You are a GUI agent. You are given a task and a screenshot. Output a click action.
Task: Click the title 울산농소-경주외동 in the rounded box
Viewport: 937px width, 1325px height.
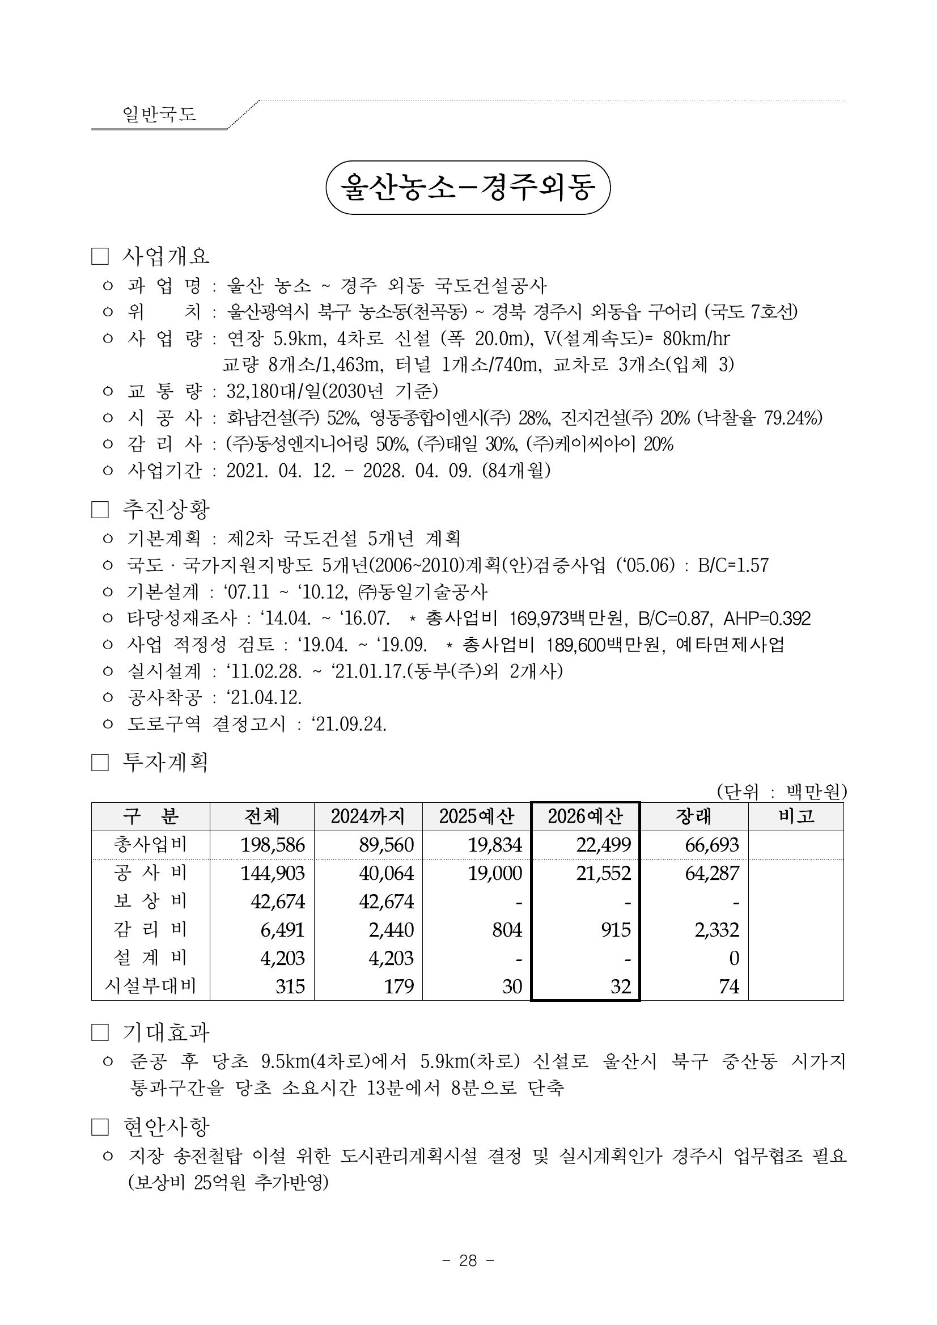(468, 188)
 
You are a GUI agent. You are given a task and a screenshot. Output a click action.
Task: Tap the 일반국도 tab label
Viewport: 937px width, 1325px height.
(159, 114)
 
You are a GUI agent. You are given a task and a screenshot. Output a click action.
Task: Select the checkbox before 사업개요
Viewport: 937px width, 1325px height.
(100, 256)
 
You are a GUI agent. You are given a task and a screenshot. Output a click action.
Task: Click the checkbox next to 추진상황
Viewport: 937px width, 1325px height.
(100, 510)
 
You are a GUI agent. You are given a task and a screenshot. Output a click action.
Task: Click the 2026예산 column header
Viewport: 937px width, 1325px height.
(585, 816)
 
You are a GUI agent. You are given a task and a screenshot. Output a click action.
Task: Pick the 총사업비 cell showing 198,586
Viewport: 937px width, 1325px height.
(272, 845)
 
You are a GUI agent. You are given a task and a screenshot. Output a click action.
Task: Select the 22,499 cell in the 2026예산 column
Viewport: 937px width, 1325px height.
(604, 845)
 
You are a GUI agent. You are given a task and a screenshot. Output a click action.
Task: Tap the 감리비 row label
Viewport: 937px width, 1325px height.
(150, 930)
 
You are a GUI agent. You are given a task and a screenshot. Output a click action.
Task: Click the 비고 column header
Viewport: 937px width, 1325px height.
(796, 816)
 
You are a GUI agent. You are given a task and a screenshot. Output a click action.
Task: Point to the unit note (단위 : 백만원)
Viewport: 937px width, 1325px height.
(781, 791)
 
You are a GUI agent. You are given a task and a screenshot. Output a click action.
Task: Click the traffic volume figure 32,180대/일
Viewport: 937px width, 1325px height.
(273, 391)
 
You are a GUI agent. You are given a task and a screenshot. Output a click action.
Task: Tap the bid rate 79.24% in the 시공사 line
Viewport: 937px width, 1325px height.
(793, 418)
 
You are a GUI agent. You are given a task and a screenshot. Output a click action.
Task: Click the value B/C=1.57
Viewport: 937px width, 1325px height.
(733, 565)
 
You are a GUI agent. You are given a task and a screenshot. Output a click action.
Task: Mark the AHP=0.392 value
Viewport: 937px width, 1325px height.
(767, 619)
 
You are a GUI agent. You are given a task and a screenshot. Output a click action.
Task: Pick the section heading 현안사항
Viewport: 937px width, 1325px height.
(166, 1127)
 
